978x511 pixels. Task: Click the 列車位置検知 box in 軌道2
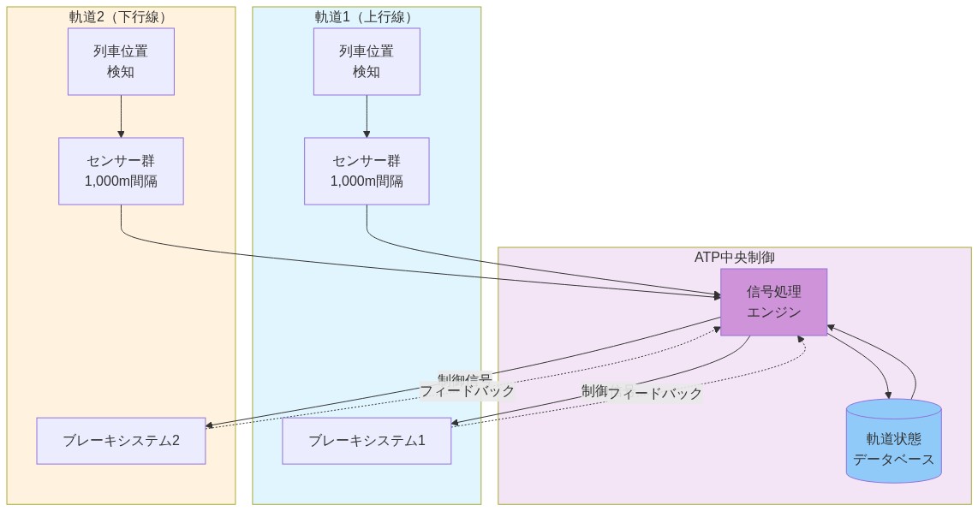[x=121, y=61]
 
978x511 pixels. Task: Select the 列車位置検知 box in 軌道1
[x=367, y=61]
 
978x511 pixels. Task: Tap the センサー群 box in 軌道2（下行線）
[x=121, y=171]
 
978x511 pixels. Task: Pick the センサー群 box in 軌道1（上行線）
[x=367, y=171]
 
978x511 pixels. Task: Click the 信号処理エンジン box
[x=773, y=301]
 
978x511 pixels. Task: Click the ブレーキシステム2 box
[x=121, y=441]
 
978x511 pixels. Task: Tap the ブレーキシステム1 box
[x=367, y=441]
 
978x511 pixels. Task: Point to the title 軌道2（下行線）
[x=121, y=17]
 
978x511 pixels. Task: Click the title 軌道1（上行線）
[x=367, y=17]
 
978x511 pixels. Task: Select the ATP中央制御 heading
[x=734, y=257]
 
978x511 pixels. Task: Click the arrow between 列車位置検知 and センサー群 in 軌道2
[x=121, y=116]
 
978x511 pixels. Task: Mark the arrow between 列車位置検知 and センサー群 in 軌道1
[x=367, y=116]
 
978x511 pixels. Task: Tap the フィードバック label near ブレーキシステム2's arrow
[x=467, y=391]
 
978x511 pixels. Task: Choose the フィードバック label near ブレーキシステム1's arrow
[x=655, y=394]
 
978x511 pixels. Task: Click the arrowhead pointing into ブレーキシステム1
[x=456, y=424]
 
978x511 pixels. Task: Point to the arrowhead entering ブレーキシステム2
[x=211, y=425]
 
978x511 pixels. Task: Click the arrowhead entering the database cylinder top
[x=889, y=395]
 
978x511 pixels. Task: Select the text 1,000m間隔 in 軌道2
[x=121, y=181]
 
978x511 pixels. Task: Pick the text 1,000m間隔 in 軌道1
[x=367, y=181]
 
